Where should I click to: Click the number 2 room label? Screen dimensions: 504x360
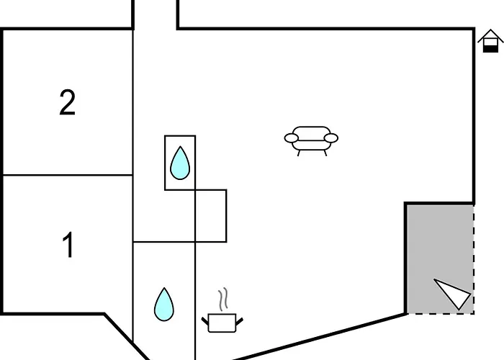[x=68, y=102]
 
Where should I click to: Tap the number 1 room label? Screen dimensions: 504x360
[x=68, y=245]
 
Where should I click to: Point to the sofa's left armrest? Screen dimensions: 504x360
[x=291, y=138]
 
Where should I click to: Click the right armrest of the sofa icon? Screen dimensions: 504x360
[x=331, y=138]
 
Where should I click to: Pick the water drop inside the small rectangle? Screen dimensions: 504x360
[x=180, y=163]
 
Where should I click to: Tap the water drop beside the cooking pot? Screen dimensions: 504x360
[x=164, y=305]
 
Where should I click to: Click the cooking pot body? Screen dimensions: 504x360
[x=222, y=323]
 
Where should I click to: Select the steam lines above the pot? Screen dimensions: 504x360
[x=223, y=299]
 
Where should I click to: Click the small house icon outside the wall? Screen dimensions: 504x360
[x=490, y=41]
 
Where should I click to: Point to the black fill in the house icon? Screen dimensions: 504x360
[x=490, y=49]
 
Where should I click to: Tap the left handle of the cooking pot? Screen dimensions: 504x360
[x=205, y=320]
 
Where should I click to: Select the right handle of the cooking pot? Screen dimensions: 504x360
[x=240, y=321]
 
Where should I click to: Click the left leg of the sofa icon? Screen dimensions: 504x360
[x=299, y=153]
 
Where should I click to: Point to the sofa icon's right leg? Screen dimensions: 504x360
[x=325, y=153]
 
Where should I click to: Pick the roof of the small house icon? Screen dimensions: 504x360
[x=490, y=35]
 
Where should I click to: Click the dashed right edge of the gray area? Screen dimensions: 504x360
[x=474, y=259]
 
